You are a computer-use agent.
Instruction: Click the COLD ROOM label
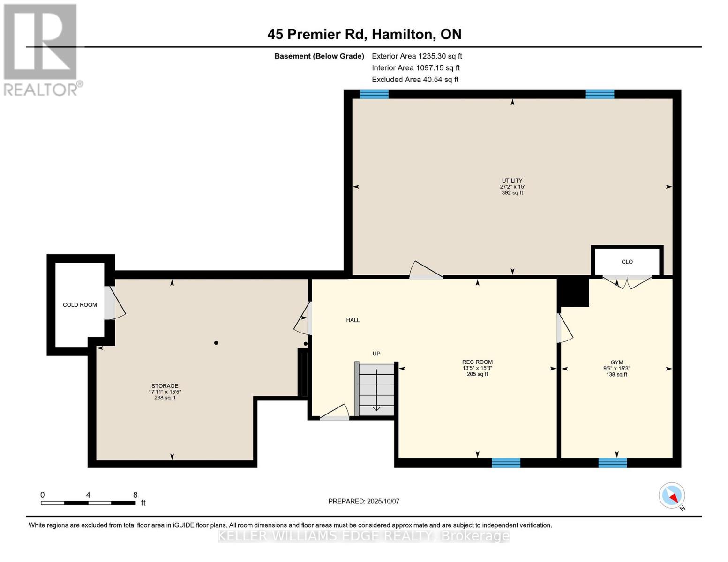[80, 305]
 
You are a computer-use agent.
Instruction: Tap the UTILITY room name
[512, 181]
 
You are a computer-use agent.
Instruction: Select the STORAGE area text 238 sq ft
[165, 398]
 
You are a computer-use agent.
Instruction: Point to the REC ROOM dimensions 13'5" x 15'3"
[477, 368]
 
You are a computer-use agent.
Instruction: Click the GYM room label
[616, 362]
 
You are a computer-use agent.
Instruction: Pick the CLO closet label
[627, 262]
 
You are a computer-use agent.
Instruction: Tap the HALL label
[353, 320]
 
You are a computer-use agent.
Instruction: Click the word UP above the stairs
[376, 354]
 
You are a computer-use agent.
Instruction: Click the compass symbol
[672, 495]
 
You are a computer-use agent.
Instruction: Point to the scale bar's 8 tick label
[135, 495]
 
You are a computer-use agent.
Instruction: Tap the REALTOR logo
[41, 49]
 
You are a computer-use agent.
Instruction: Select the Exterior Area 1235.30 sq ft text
[417, 56]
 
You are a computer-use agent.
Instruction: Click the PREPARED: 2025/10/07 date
[364, 501]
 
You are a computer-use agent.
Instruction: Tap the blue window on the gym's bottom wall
[612, 463]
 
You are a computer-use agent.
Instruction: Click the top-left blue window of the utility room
[374, 94]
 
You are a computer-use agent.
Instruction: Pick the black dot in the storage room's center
[216, 343]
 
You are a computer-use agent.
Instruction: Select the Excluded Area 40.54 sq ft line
[415, 80]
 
